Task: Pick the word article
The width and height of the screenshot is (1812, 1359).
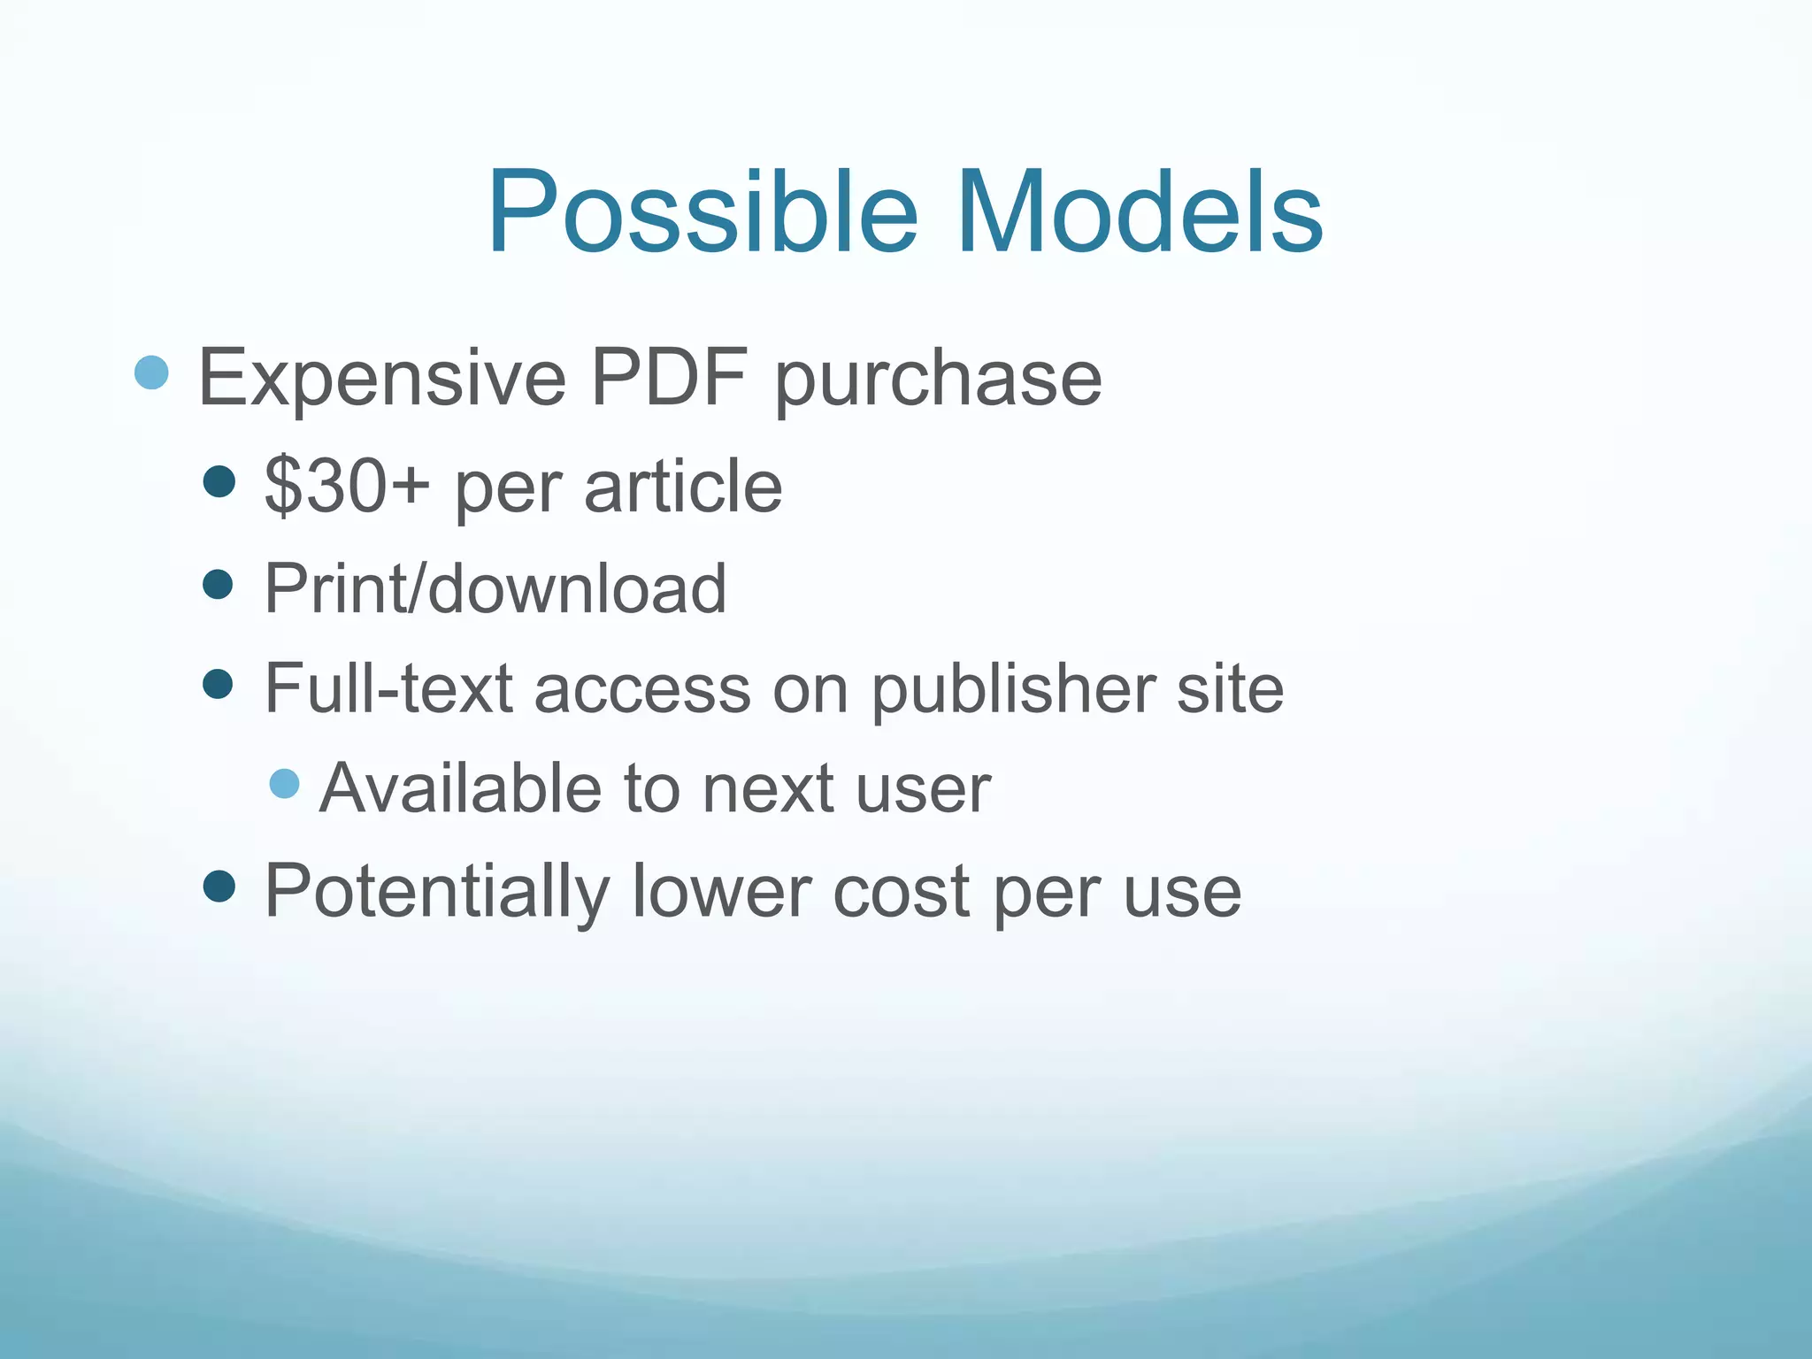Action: coord(683,486)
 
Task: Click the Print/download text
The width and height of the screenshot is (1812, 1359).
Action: coord(495,587)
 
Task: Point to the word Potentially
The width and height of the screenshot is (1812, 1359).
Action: coord(437,892)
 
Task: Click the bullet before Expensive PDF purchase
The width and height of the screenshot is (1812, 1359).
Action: coord(151,373)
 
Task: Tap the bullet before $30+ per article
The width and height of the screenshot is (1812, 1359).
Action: coord(219,482)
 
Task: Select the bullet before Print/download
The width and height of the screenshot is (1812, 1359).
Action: coord(218,584)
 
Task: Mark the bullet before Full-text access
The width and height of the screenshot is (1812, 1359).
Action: coord(218,684)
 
